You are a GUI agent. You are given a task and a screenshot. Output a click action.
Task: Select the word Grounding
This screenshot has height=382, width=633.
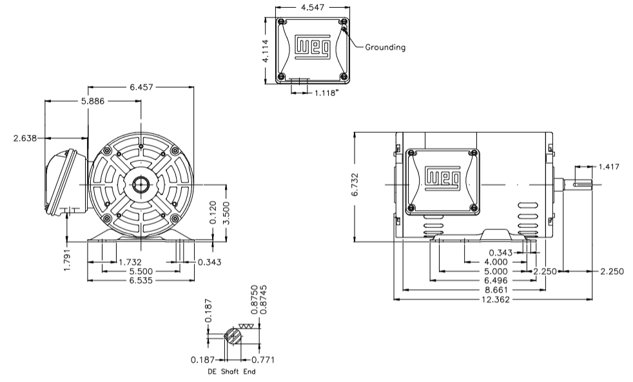[x=385, y=47]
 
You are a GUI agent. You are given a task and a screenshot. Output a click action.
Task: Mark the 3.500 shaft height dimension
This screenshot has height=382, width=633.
[x=226, y=213]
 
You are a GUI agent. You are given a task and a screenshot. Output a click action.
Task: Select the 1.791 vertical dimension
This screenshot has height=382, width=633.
[x=68, y=257]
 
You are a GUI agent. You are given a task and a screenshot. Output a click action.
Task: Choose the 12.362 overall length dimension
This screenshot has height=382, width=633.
[x=494, y=300]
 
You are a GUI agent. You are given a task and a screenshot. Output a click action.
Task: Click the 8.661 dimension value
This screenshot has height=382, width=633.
[x=494, y=290]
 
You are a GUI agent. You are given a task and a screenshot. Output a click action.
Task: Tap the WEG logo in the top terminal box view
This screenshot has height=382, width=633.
[x=313, y=48]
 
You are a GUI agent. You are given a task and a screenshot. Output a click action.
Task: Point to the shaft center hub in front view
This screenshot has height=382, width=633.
[x=141, y=185]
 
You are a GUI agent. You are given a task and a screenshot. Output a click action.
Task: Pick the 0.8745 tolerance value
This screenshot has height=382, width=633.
[x=264, y=300]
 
